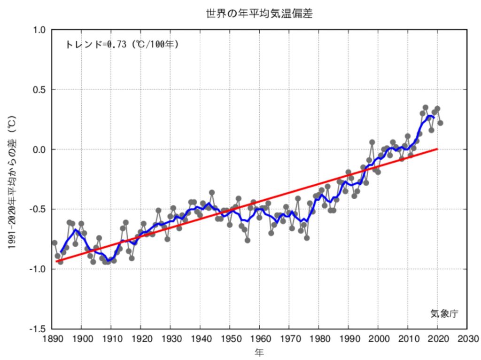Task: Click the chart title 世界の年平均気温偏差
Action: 259,14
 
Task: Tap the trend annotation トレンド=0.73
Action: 122,45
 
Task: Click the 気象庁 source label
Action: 443,313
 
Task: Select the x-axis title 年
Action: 259,352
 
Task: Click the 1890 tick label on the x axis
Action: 52,338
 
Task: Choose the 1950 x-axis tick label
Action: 230,338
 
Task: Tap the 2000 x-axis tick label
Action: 378,338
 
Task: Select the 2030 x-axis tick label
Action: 467,338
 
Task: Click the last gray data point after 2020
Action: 441,123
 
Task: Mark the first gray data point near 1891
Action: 54,243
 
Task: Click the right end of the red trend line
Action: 437,149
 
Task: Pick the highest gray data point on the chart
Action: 426,108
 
